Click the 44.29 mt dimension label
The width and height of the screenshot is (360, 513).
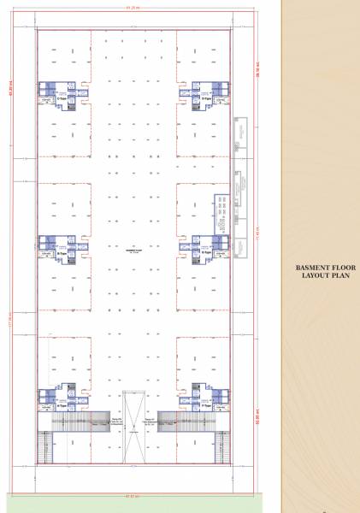133,10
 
